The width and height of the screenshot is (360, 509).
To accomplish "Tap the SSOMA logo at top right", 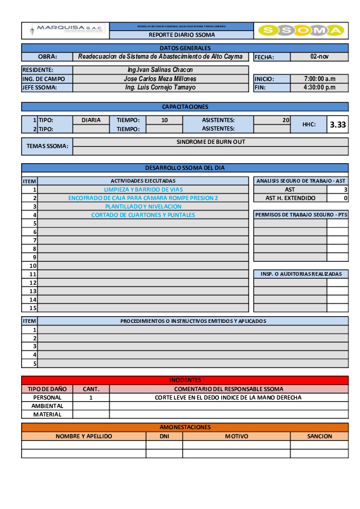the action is (301, 30).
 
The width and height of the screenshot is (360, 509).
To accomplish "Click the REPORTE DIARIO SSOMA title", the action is (182, 35).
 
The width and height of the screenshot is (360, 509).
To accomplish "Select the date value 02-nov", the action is (319, 56).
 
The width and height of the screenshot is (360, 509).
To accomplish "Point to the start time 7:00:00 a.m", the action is (319, 79).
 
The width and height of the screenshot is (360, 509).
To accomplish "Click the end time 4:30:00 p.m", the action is (319, 87).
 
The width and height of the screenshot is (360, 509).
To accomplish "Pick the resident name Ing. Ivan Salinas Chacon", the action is (160, 70).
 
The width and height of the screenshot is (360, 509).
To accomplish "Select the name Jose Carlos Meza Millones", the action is (160, 79).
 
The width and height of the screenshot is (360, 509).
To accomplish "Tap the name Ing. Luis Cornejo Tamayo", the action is (160, 87).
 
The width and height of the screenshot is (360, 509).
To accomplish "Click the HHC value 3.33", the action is (338, 125).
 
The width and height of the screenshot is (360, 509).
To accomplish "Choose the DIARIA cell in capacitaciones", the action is (91, 120).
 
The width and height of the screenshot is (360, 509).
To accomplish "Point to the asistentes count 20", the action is (286, 120).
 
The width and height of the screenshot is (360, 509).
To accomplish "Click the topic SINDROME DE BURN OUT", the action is (211, 142).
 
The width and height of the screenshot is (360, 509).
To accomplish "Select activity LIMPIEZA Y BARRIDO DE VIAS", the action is (143, 189).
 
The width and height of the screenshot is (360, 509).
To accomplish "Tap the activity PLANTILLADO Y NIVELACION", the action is (143, 206).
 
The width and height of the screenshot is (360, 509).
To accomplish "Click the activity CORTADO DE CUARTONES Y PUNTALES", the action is (143, 215).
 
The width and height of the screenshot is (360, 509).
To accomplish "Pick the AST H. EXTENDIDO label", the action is (290, 198).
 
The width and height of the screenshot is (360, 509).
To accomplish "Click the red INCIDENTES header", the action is (185, 380).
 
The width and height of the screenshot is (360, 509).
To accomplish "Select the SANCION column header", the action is (319, 436).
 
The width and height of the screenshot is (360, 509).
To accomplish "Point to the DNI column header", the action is (164, 436).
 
